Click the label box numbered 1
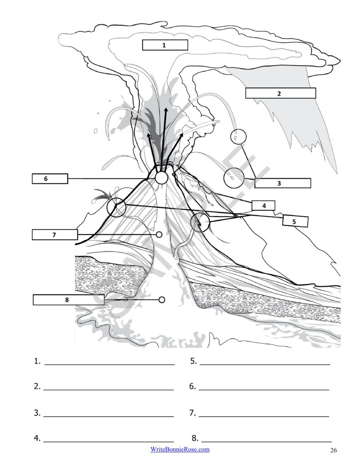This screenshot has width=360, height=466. pos(165,45)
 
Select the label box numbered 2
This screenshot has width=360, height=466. pos(280,93)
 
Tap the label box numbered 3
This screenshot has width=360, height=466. pos(283,183)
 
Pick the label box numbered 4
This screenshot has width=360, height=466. pos(264,205)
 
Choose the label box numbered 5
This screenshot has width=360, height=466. pos(295,221)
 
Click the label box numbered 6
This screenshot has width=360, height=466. pos(50,178)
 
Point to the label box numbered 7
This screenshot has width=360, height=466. pos(55,234)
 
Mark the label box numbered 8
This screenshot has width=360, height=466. pos(68,299)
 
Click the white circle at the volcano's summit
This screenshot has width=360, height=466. pos(162,178)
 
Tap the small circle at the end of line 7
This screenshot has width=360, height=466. pos(159,234)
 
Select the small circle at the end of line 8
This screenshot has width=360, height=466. pos(162,299)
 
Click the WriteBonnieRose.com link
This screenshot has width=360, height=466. pos(180,449)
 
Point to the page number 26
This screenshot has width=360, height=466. pos(334,450)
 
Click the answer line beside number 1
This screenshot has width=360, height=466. pos(109,364)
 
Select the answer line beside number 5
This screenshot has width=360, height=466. pos(265,364)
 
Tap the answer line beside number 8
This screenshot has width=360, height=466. pos(266,442)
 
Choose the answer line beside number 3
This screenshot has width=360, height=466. pos(108,416)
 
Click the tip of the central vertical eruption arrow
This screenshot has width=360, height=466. pos(166,108)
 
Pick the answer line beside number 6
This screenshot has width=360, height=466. pos(264,390)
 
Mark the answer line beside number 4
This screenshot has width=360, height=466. pos(108,442)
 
